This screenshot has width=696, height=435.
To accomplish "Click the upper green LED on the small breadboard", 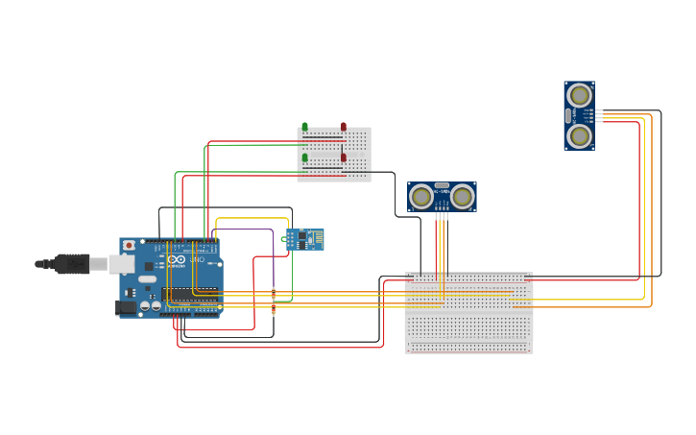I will click(x=305, y=127).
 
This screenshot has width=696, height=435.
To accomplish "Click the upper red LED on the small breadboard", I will click(x=344, y=127).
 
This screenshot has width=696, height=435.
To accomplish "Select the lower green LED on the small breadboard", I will click(x=305, y=157).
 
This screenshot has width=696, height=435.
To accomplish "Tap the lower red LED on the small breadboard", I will click(x=344, y=157).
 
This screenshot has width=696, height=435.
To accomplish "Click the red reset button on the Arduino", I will click(x=129, y=245).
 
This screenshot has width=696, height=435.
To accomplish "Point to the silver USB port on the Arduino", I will click(x=121, y=263).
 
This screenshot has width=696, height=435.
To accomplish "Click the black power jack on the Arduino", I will click(x=125, y=307).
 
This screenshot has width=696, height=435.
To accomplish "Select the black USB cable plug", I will click(x=73, y=263).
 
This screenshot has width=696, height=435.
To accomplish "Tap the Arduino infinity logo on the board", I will click(x=176, y=259).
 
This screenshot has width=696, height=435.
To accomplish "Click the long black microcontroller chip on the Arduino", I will click(x=189, y=294).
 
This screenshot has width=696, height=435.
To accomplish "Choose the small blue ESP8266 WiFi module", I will click(x=304, y=238).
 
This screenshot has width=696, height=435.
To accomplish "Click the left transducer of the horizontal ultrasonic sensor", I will click(x=421, y=197).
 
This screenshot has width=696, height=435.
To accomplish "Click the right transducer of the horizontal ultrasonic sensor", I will click(x=463, y=197).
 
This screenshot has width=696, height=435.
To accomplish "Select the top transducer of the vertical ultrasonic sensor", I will click(x=579, y=95).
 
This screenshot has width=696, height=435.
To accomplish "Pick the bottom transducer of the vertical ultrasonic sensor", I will click(x=579, y=136).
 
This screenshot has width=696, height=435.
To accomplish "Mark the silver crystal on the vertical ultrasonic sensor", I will click(x=568, y=115).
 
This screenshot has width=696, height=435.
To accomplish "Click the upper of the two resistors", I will click(x=274, y=294).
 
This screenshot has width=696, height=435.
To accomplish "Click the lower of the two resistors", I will click(x=274, y=309).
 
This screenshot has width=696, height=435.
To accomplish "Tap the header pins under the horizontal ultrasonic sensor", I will click(x=442, y=216).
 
